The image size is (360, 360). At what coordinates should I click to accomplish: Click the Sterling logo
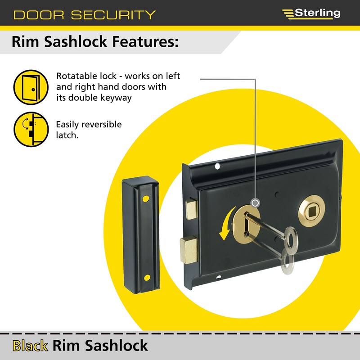point(311,13)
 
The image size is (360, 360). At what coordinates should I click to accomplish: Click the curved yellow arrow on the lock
point(225,223)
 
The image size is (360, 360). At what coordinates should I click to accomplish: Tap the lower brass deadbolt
point(189,250)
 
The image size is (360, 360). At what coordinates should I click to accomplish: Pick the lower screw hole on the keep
point(145,277)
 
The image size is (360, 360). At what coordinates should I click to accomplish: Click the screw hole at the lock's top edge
point(218,166)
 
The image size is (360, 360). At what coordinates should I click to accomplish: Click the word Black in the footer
point(30,346)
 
